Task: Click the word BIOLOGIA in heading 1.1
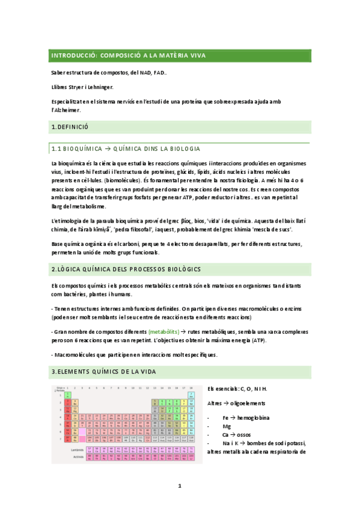(182, 149)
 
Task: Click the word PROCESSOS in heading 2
(144, 269)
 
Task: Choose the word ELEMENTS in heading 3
(82, 372)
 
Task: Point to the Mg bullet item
(227, 426)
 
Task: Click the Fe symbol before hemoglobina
(225, 417)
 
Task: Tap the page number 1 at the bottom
(179, 485)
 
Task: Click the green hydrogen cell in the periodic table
(68, 395)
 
